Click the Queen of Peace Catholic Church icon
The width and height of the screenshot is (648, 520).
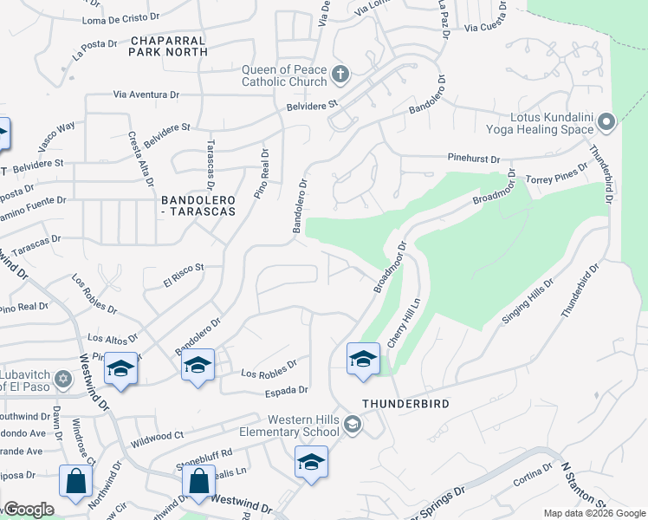coord(340,75)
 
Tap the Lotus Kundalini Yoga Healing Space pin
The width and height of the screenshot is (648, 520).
coord(606,121)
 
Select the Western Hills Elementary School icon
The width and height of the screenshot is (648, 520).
coord(352,425)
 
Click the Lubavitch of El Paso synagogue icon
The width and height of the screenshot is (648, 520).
coord(62,379)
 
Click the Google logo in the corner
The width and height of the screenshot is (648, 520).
coord(29,510)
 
